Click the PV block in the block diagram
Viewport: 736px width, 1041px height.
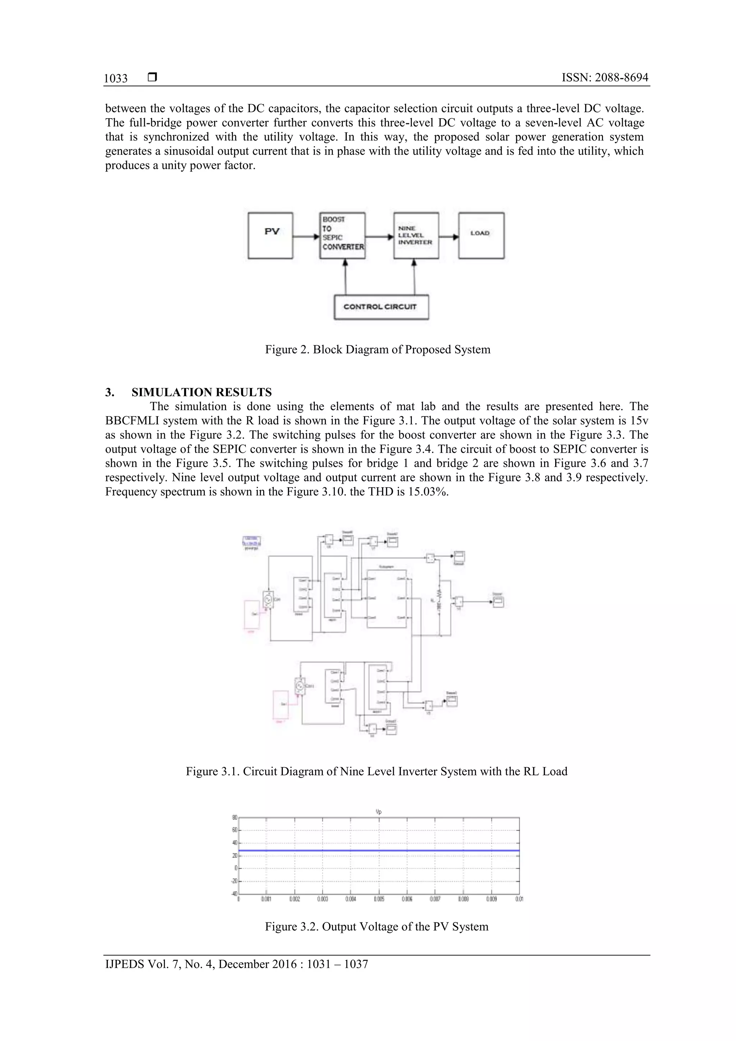(270, 236)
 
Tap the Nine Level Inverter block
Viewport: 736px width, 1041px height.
(416, 236)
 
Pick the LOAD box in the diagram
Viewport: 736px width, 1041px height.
(481, 236)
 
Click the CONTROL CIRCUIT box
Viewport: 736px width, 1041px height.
(381, 307)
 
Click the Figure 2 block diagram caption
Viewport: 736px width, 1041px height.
(377, 350)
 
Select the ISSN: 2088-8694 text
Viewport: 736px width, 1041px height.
(604, 78)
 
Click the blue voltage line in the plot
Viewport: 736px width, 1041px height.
(379, 851)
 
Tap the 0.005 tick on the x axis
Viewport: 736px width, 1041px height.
(379, 899)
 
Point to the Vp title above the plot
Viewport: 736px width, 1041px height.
(379, 812)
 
